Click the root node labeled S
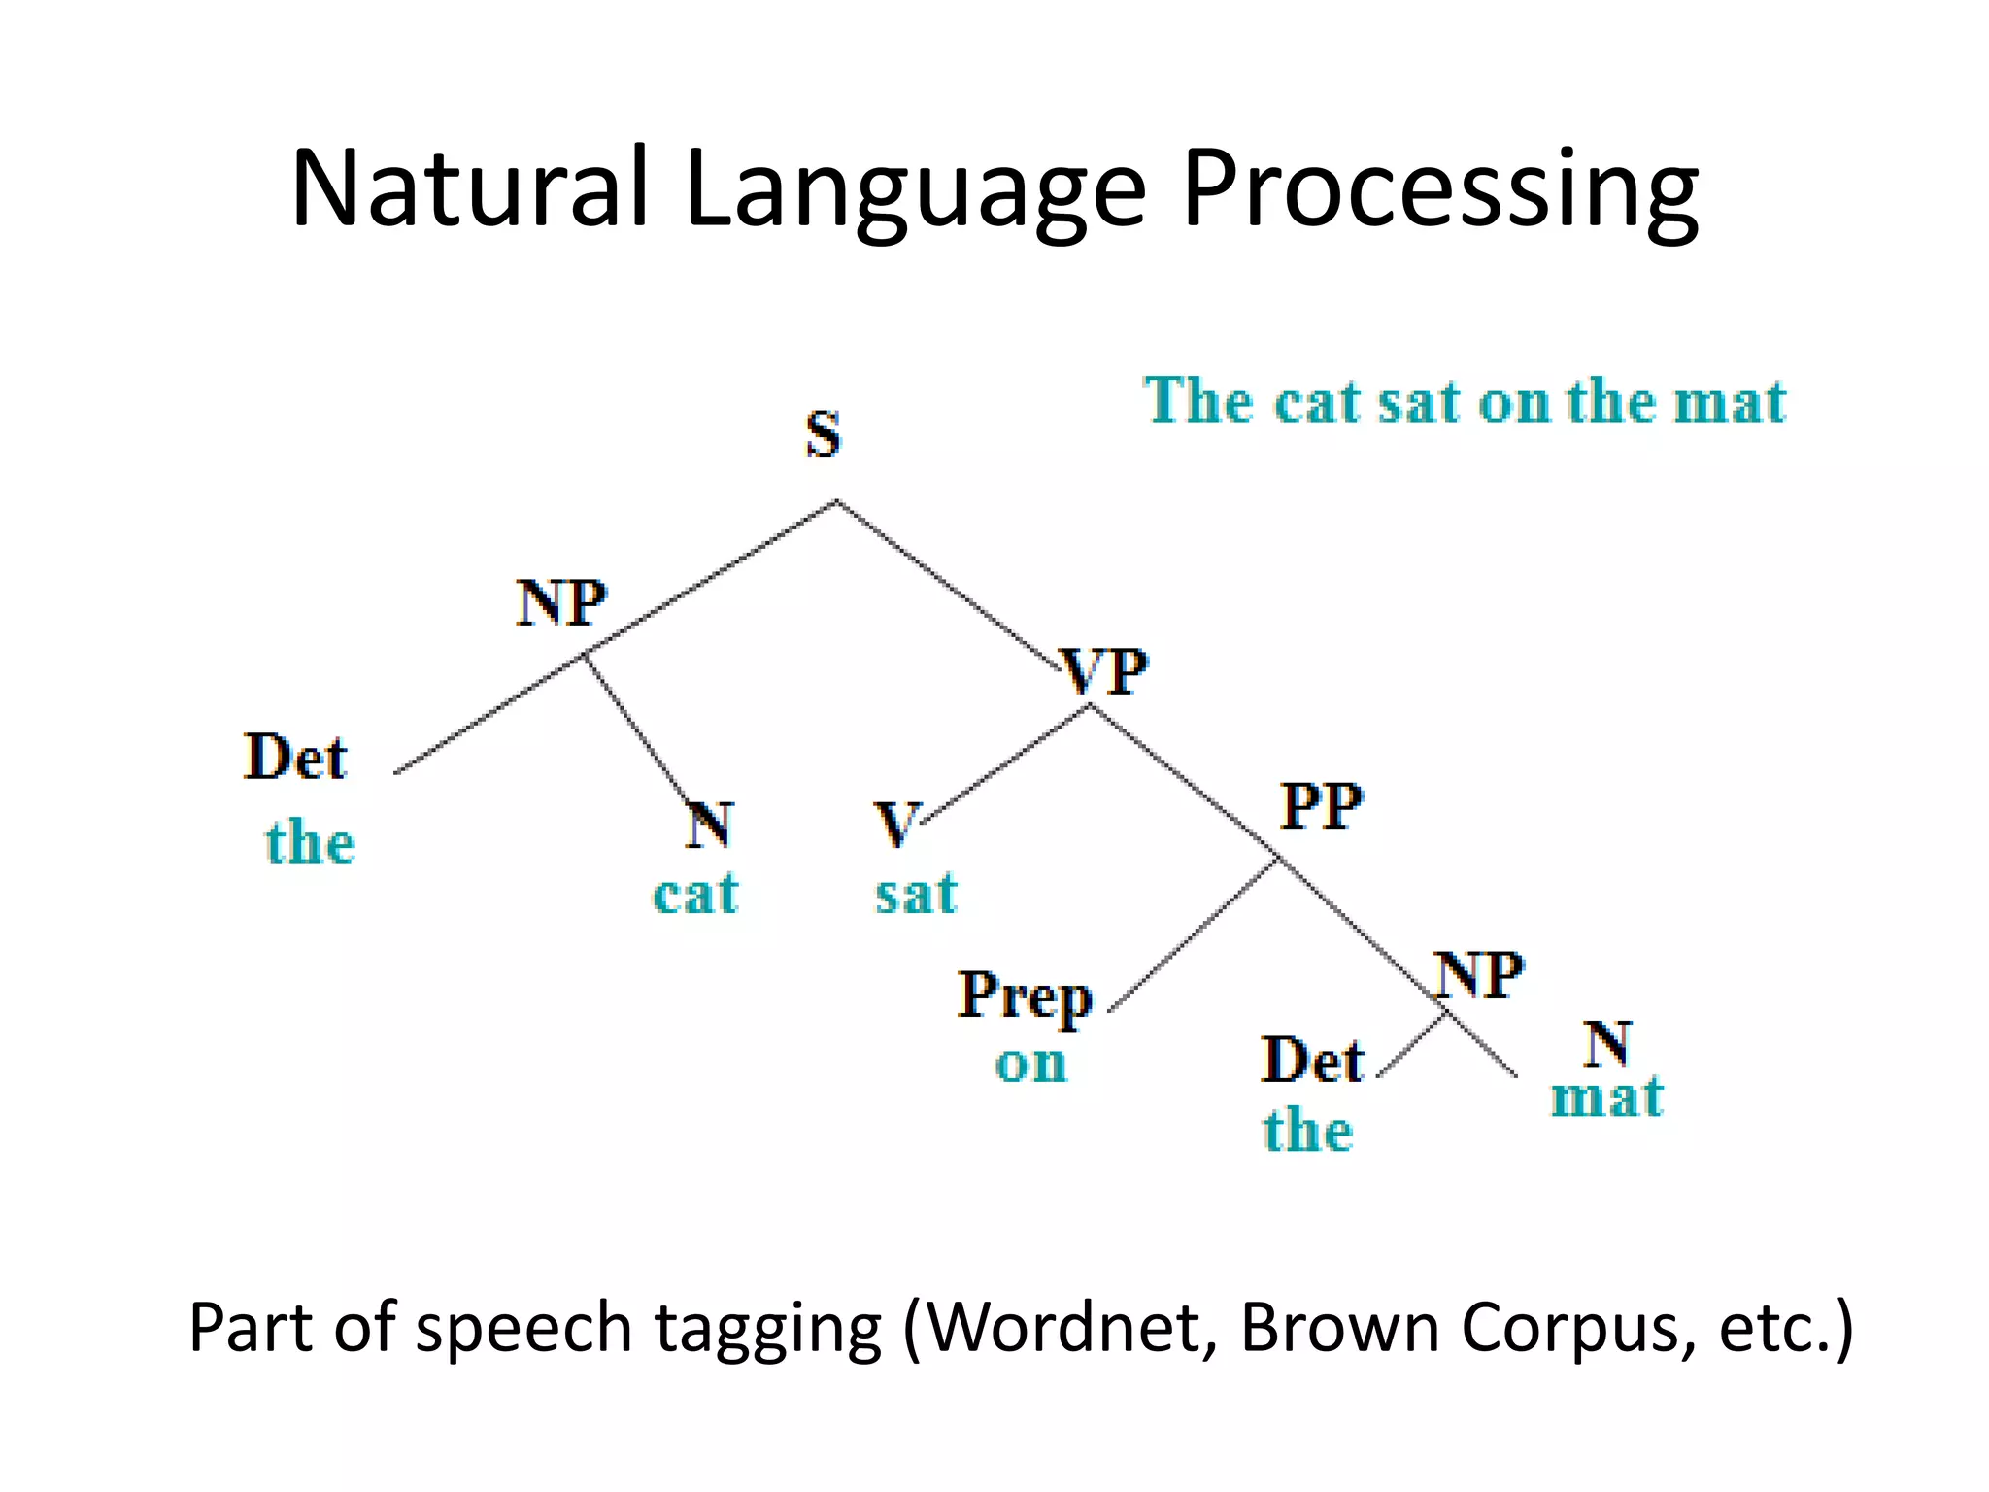click(x=823, y=434)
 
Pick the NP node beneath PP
click(x=1480, y=974)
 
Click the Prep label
click(x=1025, y=997)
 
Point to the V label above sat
click(x=894, y=825)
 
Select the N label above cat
click(x=709, y=825)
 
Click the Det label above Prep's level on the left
click(x=295, y=758)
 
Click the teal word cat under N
click(x=695, y=894)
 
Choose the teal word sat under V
click(x=916, y=894)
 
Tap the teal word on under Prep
click(x=1030, y=1064)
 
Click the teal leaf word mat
click(x=1606, y=1098)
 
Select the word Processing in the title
click(x=1439, y=189)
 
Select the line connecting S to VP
click(x=947, y=584)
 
